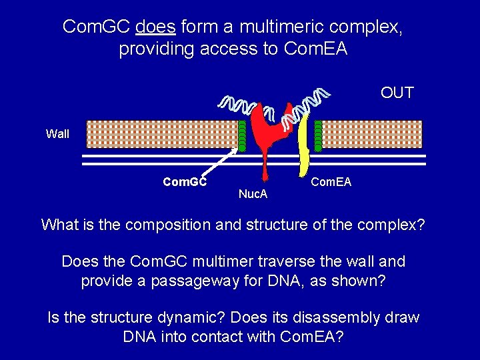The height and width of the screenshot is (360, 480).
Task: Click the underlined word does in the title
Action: pyautogui.click(x=155, y=27)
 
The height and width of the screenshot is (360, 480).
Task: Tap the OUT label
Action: pyautogui.click(x=397, y=93)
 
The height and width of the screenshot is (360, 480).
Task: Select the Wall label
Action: pyautogui.click(x=57, y=134)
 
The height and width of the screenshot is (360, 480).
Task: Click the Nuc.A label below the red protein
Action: pyautogui.click(x=253, y=194)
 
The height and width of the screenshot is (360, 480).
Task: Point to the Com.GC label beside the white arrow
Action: pyautogui.click(x=185, y=181)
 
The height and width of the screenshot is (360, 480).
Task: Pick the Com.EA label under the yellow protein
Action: pyautogui.click(x=331, y=182)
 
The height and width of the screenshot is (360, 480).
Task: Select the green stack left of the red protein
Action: pyautogui.click(x=242, y=135)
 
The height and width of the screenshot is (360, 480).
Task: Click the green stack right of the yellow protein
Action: pyautogui.click(x=319, y=135)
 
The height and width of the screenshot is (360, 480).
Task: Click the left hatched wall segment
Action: pyautogui.click(x=160, y=134)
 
